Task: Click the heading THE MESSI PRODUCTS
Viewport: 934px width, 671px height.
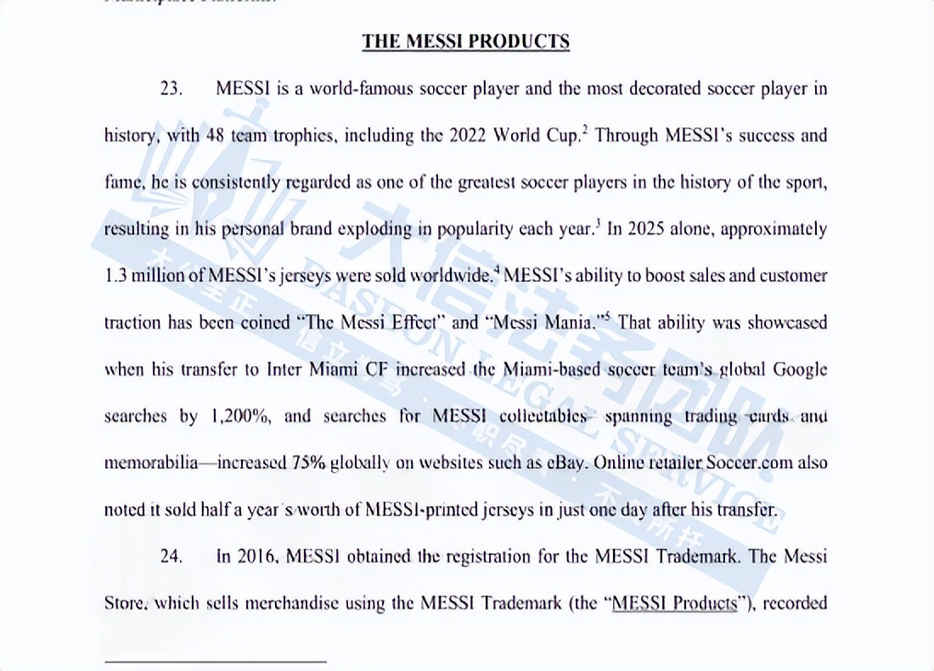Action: (465, 42)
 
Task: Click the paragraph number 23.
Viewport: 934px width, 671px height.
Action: (172, 88)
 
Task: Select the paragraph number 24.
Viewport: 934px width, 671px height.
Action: (172, 556)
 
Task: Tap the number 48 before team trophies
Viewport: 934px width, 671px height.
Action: (216, 136)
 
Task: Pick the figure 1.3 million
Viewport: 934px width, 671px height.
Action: (146, 276)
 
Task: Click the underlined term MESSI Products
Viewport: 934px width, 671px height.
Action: (673, 603)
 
